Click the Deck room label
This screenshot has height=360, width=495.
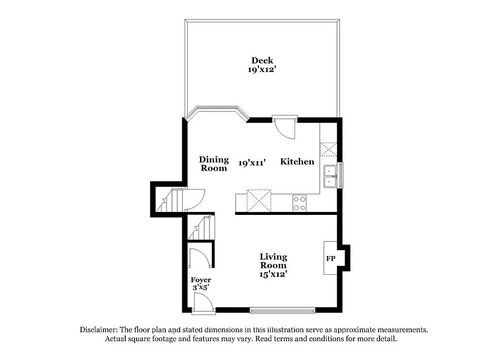pyautogui.click(x=262, y=61)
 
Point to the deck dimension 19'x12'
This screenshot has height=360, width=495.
pyautogui.click(x=262, y=70)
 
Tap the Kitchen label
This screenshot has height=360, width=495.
pyautogui.click(x=297, y=161)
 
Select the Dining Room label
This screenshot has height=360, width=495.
pyautogui.click(x=214, y=163)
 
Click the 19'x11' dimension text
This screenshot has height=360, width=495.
pyautogui.click(x=252, y=162)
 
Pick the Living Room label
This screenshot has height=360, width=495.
pyautogui.click(x=273, y=260)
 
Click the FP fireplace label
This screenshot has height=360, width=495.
pyautogui.click(x=331, y=258)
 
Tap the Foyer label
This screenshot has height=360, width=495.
pyautogui.click(x=201, y=280)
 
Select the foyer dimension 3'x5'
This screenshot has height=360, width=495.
pyautogui.click(x=201, y=288)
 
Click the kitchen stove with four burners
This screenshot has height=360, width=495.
pyautogui.click(x=299, y=203)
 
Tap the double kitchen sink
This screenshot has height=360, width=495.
pyautogui.click(x=330, y=176)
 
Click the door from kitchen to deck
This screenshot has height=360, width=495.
pyautogui.click(x=285, y=128)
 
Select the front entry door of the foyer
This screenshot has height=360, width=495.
pyautogui.click(x=203, y=303)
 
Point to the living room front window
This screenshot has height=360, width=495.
pyautogui.click(x=282, y=310)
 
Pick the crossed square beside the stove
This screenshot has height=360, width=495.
pyautogui.click(x=259, y=201)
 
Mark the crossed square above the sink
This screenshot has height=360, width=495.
pyautogui.click(x=328, y=149)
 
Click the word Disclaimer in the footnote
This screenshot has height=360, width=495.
pyautogui.click(x=98, y=329)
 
